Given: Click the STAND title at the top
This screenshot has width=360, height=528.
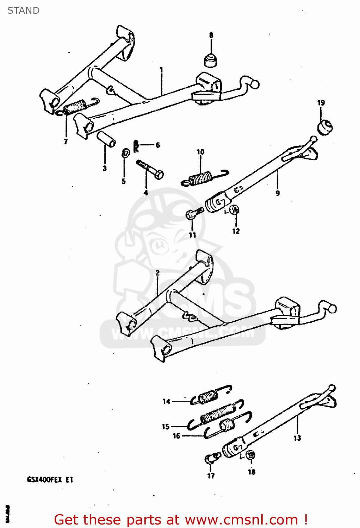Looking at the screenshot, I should coord(23,11).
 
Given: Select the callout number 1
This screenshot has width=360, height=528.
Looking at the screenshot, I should coord(161,70).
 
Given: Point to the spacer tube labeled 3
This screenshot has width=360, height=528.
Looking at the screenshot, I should coord(106,139).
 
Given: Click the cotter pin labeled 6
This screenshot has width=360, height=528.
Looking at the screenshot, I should coord(136,145).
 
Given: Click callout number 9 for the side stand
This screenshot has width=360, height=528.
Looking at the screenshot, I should coord(278,193).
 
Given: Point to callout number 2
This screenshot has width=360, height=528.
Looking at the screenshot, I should coord(157,273).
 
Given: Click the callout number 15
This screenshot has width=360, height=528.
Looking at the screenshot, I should coord(166,427).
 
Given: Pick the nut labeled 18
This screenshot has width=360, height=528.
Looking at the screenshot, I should coord(250,455).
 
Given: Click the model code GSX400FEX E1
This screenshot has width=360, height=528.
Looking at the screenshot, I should coord(50,479).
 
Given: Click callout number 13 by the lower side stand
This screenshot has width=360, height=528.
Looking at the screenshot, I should coord(297,438).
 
